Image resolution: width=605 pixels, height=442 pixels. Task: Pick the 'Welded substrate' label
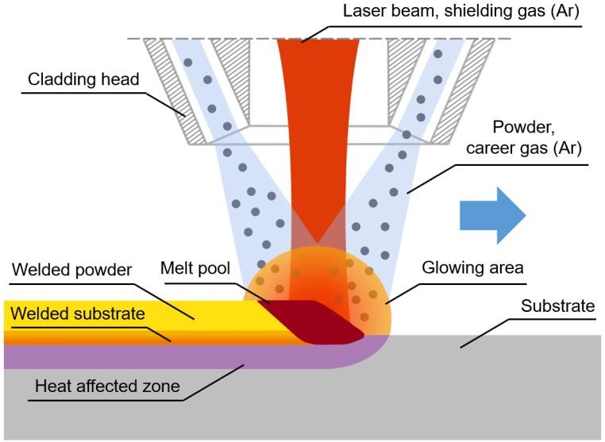[77, 313]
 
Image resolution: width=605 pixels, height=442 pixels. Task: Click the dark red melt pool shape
[314, 321]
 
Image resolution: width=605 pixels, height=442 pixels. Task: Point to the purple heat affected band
[159, 356]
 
